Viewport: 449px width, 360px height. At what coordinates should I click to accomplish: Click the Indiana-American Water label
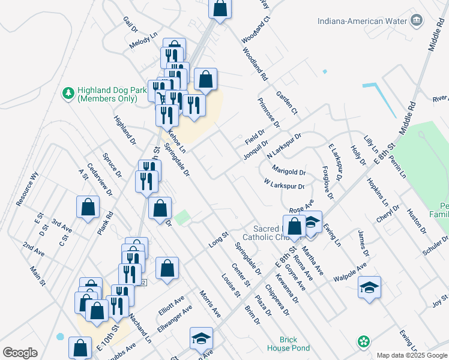point(363,21)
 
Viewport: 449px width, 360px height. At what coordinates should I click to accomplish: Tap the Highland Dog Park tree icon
point(68,93)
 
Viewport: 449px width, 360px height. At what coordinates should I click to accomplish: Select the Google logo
point(19,353)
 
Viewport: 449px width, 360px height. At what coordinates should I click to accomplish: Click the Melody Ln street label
point(143,45)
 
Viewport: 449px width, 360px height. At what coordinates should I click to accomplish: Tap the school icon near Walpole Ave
point(370,289)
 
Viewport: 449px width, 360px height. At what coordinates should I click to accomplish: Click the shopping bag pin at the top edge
point(220,8)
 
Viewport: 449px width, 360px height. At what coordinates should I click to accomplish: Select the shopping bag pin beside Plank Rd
point(88,208)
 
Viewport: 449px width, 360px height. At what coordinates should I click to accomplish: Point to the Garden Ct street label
point(286,103)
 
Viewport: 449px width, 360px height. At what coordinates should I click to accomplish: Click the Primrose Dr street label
point(268,113)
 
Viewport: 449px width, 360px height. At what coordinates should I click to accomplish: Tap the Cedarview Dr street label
point(99,179)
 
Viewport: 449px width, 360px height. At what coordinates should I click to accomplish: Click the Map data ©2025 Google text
point(411,355)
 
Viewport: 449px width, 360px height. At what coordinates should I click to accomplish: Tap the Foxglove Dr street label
point(327,182)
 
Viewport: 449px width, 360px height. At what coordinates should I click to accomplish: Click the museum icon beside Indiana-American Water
point(415,21)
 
